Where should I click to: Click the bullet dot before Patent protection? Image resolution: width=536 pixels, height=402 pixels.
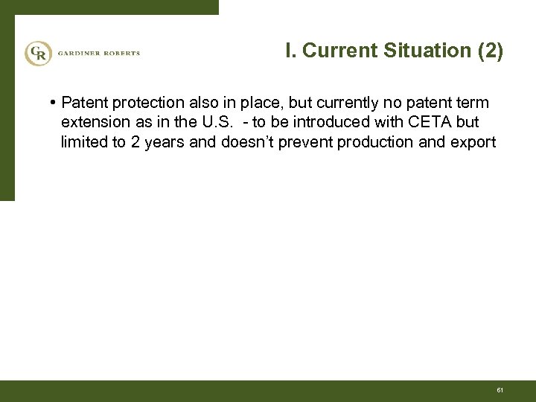point(56,102)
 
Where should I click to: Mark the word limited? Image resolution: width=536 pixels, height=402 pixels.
point(84,142)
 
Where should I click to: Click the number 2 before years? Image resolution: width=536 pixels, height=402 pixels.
point(135,142)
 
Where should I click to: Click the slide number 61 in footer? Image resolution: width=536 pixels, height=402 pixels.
point(500,390)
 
